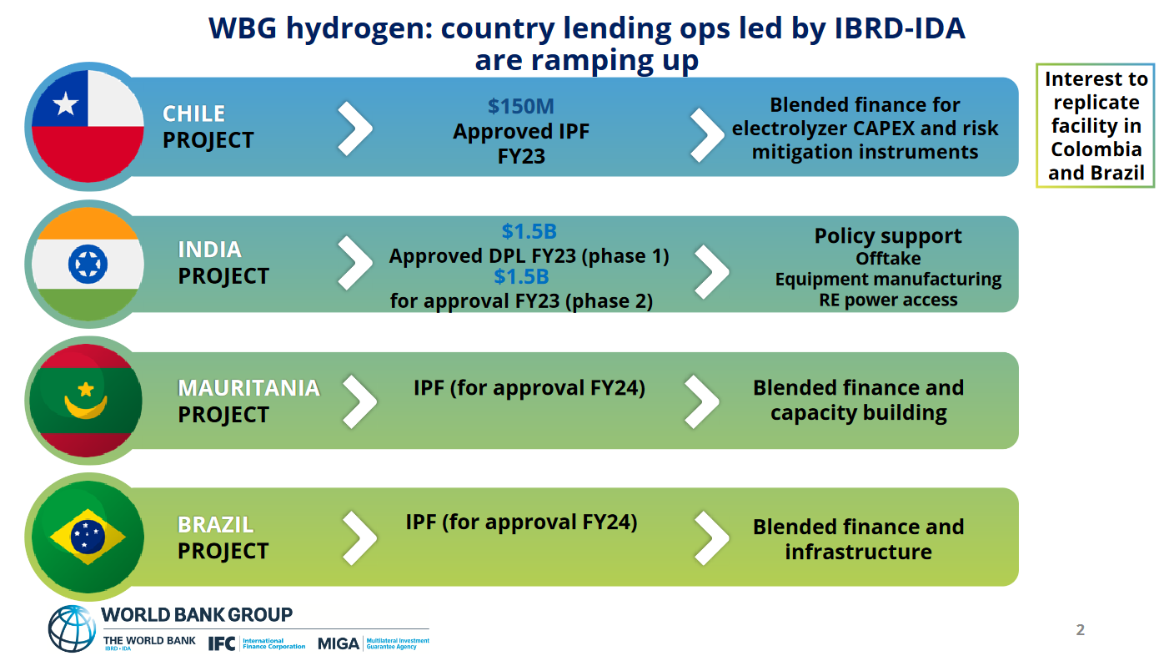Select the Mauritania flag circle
coord(86,400)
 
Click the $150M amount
coord(521,107)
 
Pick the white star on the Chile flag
coord(66,104)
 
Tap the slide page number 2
coord(1081,630)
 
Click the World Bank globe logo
coord(72,628)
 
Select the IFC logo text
coord(221,643)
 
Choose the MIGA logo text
coord(339,643)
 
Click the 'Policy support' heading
coord(888,236)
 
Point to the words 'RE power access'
coord(888,300)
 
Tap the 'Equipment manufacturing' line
coord(888,279)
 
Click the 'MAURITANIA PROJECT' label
coord(248,401)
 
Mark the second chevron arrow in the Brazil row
coord(711,536)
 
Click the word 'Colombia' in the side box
coord(1096,149)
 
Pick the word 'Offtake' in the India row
coord(888,258)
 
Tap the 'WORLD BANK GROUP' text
coord(197,615)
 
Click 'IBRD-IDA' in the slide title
coord(900,29)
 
